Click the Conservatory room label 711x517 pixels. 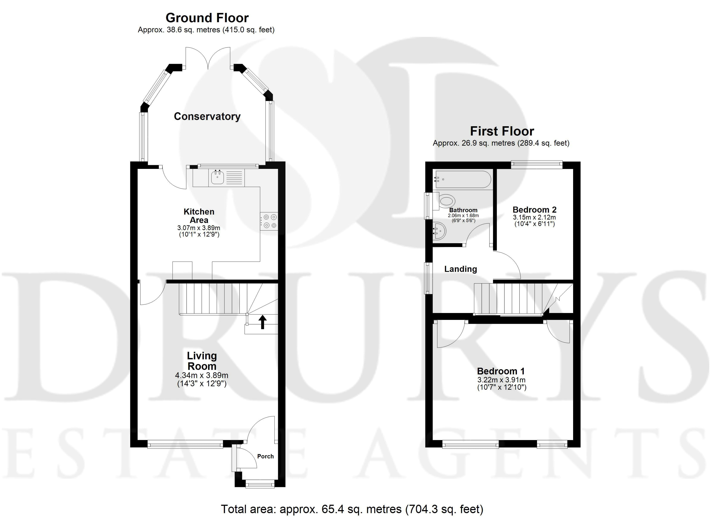[207, 116]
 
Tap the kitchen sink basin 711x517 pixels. [217, 178]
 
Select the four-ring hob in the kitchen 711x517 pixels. [269, 221]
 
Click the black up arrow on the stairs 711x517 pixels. [262, 322]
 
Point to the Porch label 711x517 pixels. [265, 456]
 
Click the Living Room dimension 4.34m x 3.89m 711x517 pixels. [202, 375]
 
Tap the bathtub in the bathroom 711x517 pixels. [462, 179]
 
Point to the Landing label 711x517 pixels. [460, 269]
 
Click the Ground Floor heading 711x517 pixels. [207, 18]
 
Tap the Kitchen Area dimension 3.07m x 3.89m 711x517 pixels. [199, 228]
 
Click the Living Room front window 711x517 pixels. [185, 444]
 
